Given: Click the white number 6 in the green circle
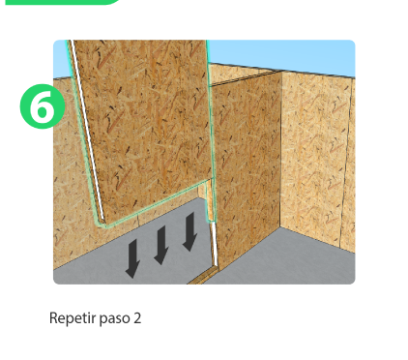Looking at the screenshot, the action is click(42, 106).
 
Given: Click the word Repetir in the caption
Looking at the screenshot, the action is click(73, 318).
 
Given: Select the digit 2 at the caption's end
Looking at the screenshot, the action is click(137, 318).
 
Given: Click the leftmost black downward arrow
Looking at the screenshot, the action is click(132, 258).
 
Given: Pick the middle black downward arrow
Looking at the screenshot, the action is click(161, 245).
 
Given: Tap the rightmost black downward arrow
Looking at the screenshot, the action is click(189, 231).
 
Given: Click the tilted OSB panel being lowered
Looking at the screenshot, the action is click(145, 129).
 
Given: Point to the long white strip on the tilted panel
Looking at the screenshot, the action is click(87, 129).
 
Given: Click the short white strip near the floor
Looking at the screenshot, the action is click(214, 244).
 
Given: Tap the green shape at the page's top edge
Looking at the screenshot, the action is click(61, 2).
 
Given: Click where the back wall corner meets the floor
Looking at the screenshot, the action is click(279, 227).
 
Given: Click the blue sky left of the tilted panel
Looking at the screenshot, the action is click(60, 59).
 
